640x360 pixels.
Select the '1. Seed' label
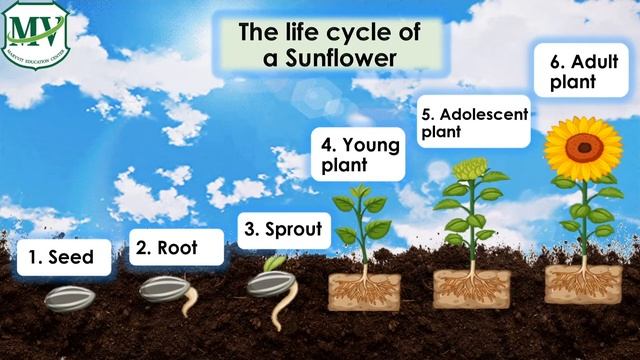tap(61, 256)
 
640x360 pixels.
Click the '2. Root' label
tap(166, 247)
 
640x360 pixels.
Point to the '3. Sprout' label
tap(284, 230)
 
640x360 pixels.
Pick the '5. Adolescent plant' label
tap(472, 121)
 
